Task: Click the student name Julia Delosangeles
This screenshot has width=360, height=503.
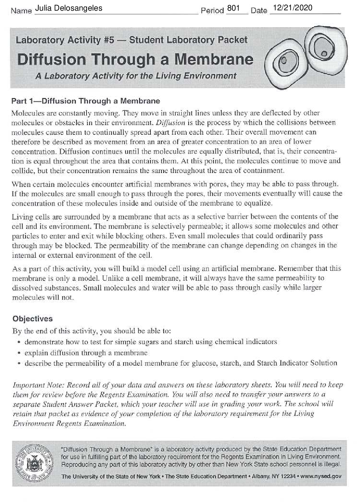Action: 69,8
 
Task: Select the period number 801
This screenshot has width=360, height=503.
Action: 233,8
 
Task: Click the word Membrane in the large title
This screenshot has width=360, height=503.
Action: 214,60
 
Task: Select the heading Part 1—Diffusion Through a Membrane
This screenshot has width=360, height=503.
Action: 86,101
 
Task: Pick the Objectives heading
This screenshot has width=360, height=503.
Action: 32,319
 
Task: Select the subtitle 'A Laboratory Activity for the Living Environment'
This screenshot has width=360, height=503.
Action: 136,76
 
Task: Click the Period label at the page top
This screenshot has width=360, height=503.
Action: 212,11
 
